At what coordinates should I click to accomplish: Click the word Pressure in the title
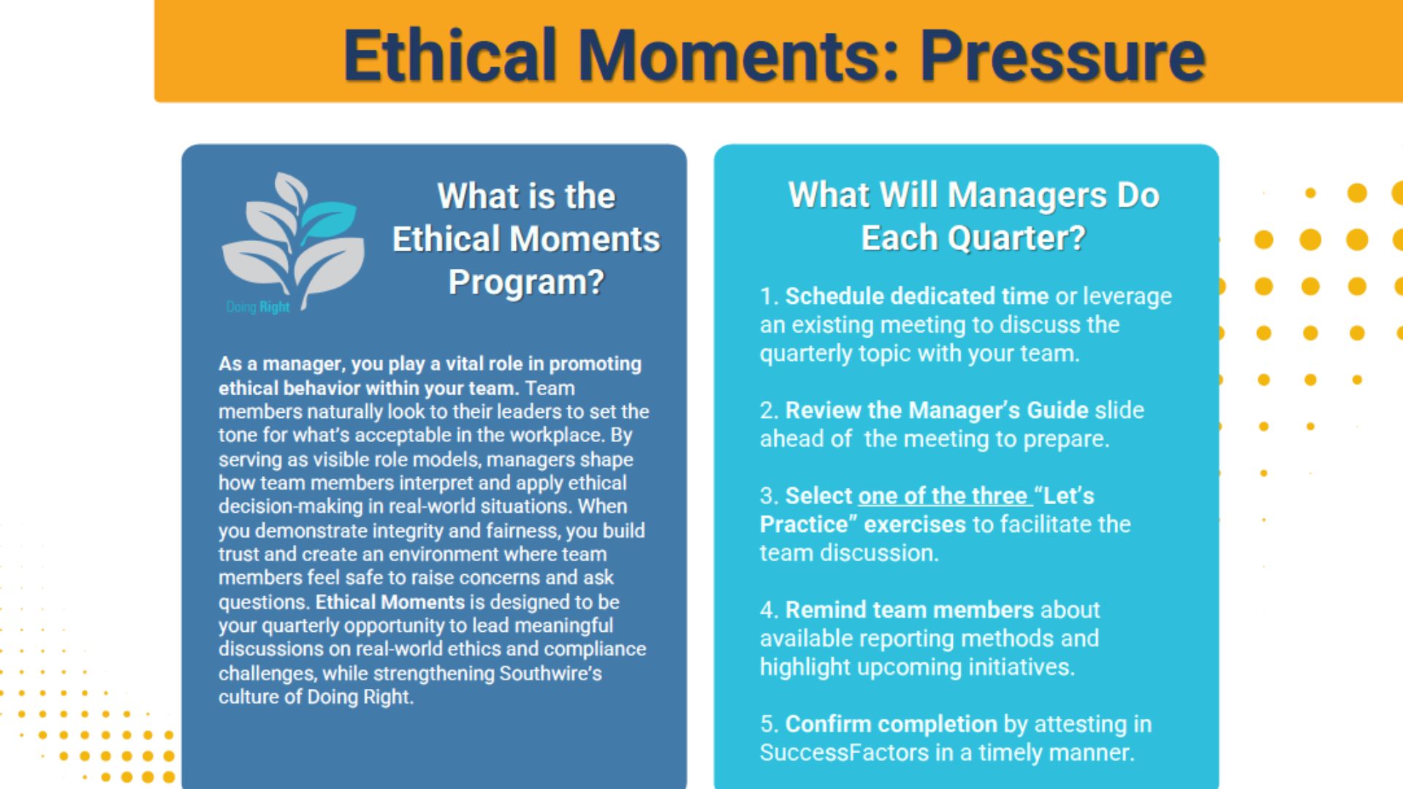(x=1062, y=56)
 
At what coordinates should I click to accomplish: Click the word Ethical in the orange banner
(x=450, y=55)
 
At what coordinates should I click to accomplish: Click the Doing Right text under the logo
(x=258, y=307)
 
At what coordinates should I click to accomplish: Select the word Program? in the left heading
(x=526, y=282)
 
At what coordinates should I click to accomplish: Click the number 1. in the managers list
(x=769, y=296)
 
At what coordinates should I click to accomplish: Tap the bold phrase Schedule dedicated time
(x=917, y=296)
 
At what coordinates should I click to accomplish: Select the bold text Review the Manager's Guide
(x=937, y=410)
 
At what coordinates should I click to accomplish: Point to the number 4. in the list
(x=769, y=610)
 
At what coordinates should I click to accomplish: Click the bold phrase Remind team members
(x=910, y=610)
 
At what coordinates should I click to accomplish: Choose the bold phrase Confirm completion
(x=891, y=725)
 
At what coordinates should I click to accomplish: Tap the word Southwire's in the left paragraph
(x=550, y=673)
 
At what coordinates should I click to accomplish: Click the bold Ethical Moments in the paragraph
(x=390, y=602)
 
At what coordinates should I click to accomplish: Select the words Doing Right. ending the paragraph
(x=360, y=697)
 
